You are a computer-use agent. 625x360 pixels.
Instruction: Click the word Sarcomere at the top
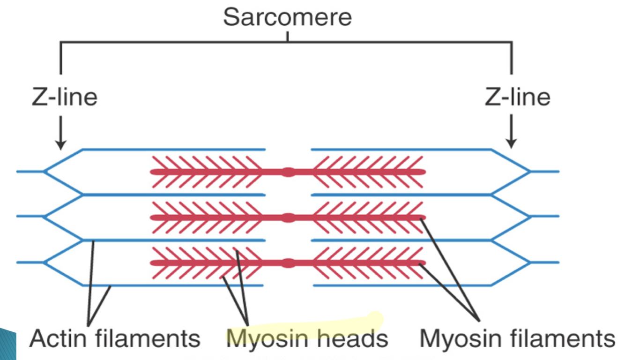(287, 17)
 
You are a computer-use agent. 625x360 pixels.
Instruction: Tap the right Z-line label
(518, 97)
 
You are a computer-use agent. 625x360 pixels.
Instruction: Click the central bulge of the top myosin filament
(289, 172)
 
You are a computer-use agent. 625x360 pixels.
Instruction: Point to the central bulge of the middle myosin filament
(289, 217)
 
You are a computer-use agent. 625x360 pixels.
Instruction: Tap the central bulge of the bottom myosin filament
(289, 263)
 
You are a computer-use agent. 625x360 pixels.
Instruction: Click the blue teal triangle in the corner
(8, 345)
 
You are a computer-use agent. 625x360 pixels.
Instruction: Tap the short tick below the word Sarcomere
(287, 36)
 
